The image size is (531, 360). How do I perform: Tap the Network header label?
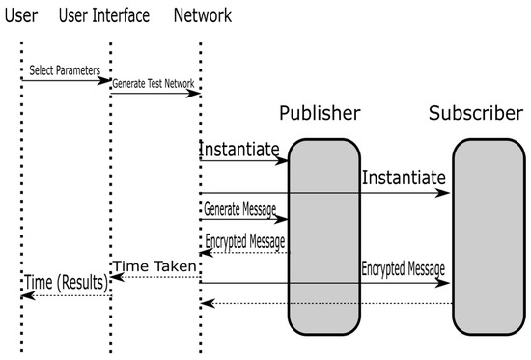pos(203,15)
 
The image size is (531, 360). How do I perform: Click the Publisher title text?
pos(320,114)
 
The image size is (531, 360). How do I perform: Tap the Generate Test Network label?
pos(154,84)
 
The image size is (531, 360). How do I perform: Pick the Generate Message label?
pos(239,208)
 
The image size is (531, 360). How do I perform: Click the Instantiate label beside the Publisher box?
pos(239,150)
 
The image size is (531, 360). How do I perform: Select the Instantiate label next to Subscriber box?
pos(405,178)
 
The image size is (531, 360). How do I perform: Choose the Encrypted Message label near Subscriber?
pos(404,268)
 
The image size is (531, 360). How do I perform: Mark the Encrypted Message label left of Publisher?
pos(245,241)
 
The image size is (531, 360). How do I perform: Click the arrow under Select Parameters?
pos(65,81)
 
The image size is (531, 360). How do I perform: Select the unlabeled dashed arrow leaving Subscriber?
pos(328,304)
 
